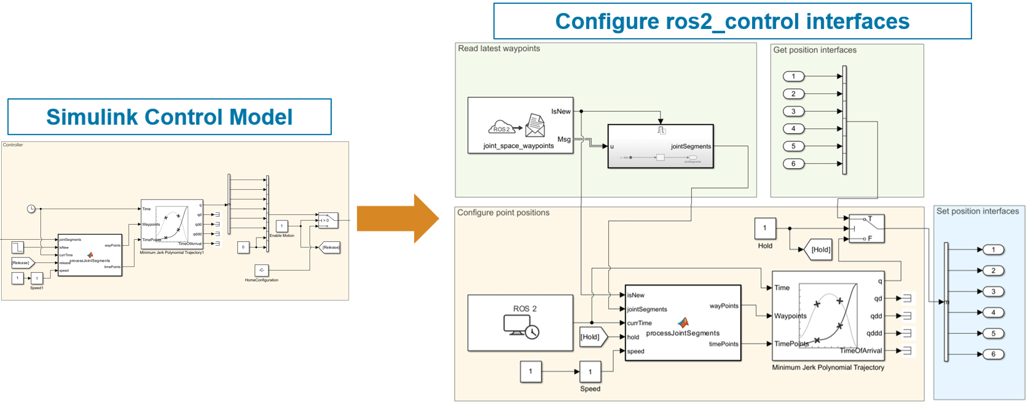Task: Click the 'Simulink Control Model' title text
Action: pyautogui.click(x=169, y=117)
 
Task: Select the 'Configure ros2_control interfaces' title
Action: pyautogui.click(x=732, y=22)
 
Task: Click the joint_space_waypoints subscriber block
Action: pyautogui.click(x=520, y=125)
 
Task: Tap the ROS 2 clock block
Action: pyautogui.click(x=520, y=323)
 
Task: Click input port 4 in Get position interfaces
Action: pyautogui.click(x=793, y=128)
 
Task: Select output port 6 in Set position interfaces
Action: pyautogui.click(x=993, y=354)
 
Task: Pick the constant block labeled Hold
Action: pyautogui.click(x=764, y=228)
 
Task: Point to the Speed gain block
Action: pyautogui.click(x=590, y=372)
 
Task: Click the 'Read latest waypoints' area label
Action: pyautogui.click(x=499, y=48)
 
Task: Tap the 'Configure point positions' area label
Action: pyautogui.click(x=503, y=213)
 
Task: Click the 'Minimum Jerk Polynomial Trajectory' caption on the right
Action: pyautogui.click(x=827, y=368)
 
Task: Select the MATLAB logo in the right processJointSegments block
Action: pyautogui.click(x=683, y=322)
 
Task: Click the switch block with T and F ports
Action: pyautogui.click(x=866, y=229)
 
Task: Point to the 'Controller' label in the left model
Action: pyautogui.click(x=13, y=145)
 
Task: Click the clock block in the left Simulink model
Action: pyautogui.click(x=31, y=209)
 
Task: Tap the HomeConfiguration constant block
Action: pyautogui.click(x=261, y=270)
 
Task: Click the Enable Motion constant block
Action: pyautogui.click(x=281, y=226)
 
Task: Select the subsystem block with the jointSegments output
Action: pyautogui.click(x=660, y=146)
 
